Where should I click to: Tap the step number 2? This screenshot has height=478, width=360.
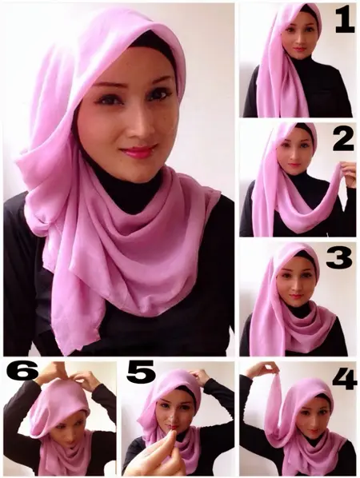point(343,139)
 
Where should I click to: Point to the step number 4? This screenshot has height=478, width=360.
point(345,378)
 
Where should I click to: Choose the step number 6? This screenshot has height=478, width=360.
point(22,370)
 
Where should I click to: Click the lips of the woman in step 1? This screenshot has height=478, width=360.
point(299,49)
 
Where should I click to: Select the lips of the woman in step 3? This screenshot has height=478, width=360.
point(295,296)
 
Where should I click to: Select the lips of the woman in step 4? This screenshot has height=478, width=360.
point(313,432)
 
